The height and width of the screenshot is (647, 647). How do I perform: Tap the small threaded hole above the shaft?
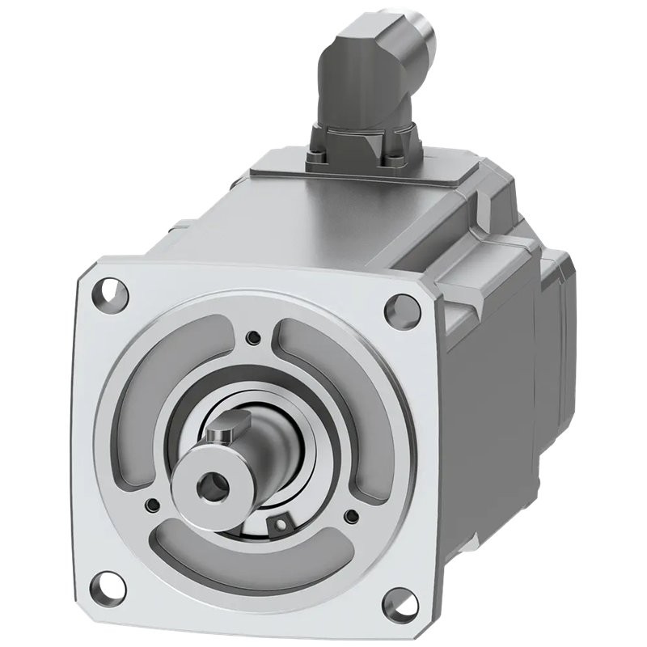[x=255, y=336]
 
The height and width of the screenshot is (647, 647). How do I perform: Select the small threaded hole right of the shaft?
[x=350, y=515]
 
